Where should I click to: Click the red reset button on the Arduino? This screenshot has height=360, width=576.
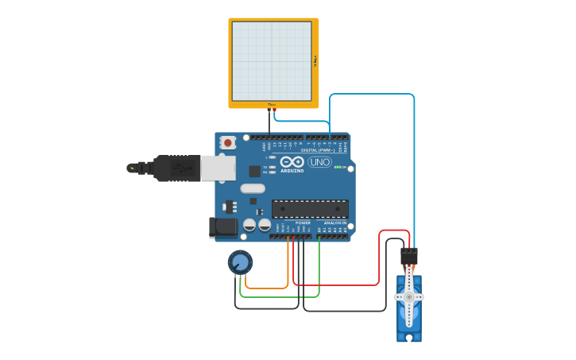tap(229, 143)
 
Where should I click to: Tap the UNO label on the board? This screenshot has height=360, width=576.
tap(319, 162)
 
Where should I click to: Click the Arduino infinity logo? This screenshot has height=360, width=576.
tap(292, 161)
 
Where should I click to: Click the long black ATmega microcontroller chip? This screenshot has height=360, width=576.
tap(310, 209)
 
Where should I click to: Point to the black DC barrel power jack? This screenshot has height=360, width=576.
tap(223, 227)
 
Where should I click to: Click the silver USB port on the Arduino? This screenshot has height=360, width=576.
tap(215, 168)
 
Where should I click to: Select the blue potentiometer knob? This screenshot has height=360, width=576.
tap(240, 261)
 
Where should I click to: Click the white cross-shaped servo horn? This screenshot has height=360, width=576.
tap(409, 296)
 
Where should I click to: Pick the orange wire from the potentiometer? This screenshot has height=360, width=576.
tap(267, 287)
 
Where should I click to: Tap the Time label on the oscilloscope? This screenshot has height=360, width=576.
tap(272, 104)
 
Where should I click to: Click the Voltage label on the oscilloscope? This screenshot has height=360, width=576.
tap(315, 60)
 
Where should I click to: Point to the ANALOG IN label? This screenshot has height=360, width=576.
tap(334, 223)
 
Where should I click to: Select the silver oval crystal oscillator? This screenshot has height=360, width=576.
tap(252, 188)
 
